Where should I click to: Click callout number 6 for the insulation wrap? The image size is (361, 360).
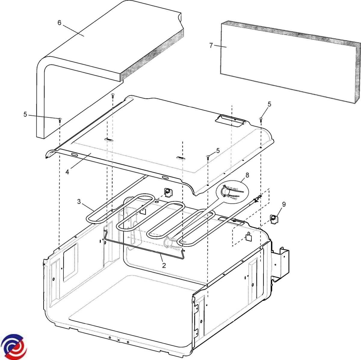(x=59, y=23)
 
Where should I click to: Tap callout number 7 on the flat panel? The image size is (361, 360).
(x=211, y=45)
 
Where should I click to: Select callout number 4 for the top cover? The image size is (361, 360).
(x=67, y=172)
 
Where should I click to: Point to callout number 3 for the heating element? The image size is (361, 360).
(x=79, y=202)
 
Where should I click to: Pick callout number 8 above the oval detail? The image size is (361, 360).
(x=247, y=175)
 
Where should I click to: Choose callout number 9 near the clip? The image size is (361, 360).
(x=284, y=204)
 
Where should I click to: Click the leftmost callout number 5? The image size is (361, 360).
(x=25, y=114)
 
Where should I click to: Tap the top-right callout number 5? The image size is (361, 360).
(x=269, y=104)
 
